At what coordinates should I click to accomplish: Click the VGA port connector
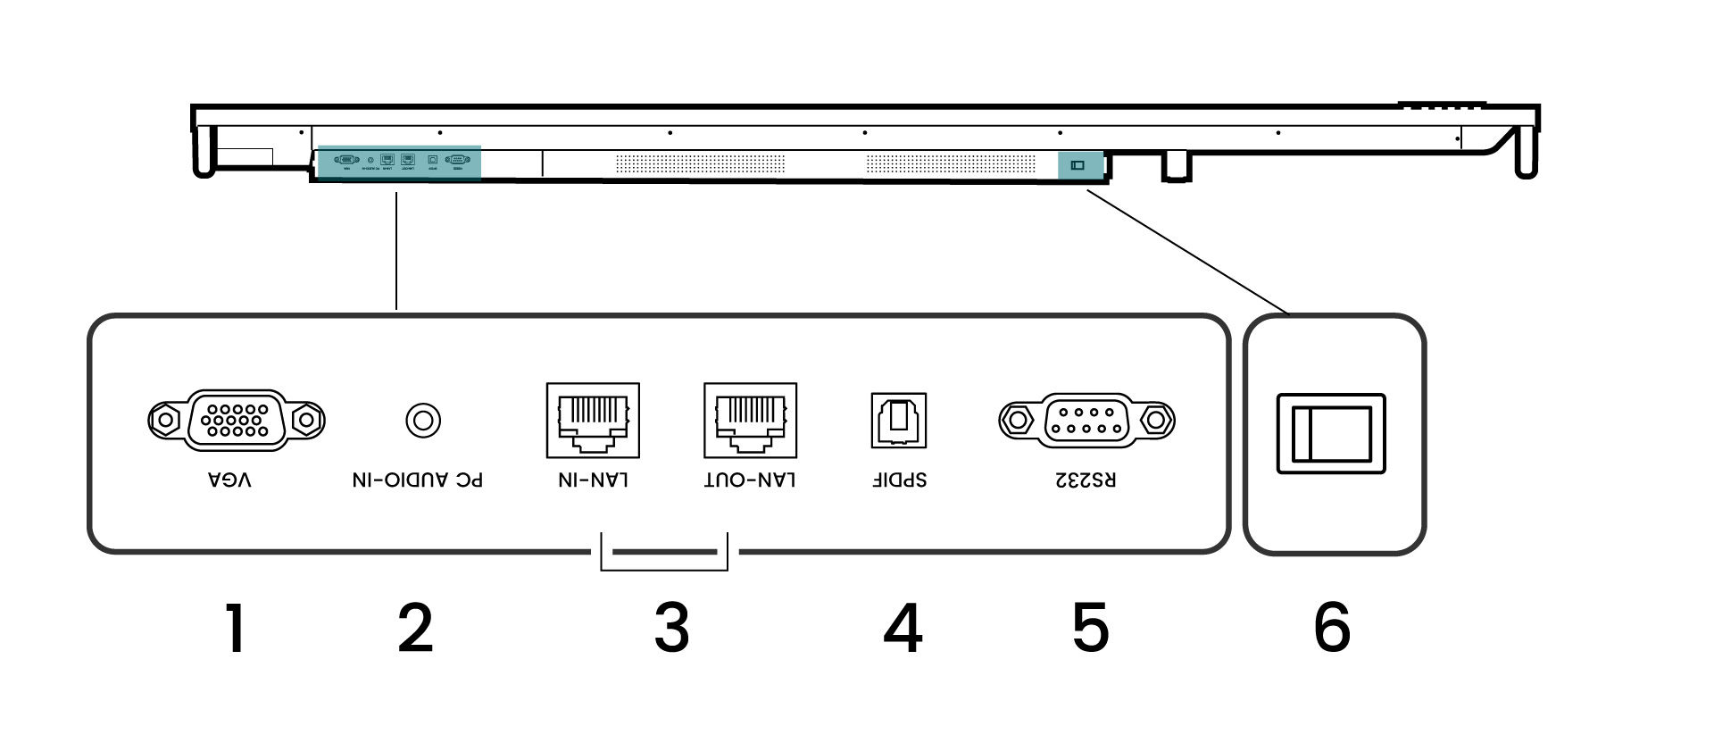[x=236, y=419]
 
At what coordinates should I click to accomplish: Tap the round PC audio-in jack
[x=423, y=420]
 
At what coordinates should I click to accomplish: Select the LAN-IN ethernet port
[x=593, y=420]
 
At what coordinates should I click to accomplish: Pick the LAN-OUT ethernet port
[x=750, y=420]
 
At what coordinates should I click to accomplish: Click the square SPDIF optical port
[x=899, y=420]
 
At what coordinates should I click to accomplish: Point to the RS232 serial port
[x=1086, y=419]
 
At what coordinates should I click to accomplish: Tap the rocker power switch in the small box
[x=1331, y=433]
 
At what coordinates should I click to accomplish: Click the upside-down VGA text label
[x=229, y=480]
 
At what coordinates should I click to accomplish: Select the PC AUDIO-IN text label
[x=417, y=480]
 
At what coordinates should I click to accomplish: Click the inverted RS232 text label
[x=1086, y=480]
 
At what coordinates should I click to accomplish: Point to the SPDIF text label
[x=899, y=480]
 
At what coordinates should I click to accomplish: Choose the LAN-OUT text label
[x=750, y=480]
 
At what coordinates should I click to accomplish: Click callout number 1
[x=235, y=628]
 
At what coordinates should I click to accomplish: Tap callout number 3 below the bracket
[x=671, y=628]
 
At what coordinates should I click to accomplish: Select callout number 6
[x=1332, y=628]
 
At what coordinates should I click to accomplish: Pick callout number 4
[x=903, y=628]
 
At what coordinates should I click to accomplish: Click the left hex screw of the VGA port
[x=162, y=419]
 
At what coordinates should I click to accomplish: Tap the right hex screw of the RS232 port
[x=1158, y=419]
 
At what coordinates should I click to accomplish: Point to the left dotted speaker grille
[x=700, y=164]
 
